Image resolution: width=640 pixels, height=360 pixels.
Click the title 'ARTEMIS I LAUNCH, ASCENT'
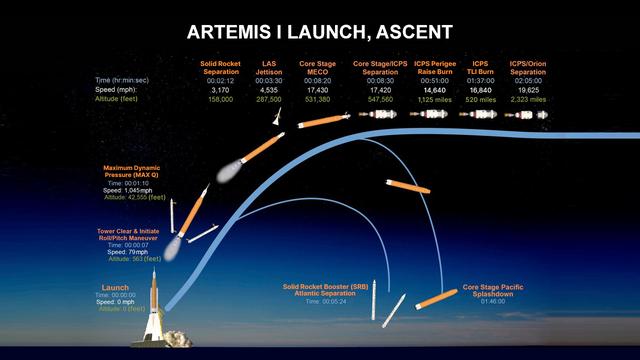point(320,33)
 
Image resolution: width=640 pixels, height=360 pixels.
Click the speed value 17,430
point(317,89)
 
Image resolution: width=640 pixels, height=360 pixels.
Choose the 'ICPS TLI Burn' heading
point(480,65)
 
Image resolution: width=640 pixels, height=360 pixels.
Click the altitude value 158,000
point(219,99)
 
